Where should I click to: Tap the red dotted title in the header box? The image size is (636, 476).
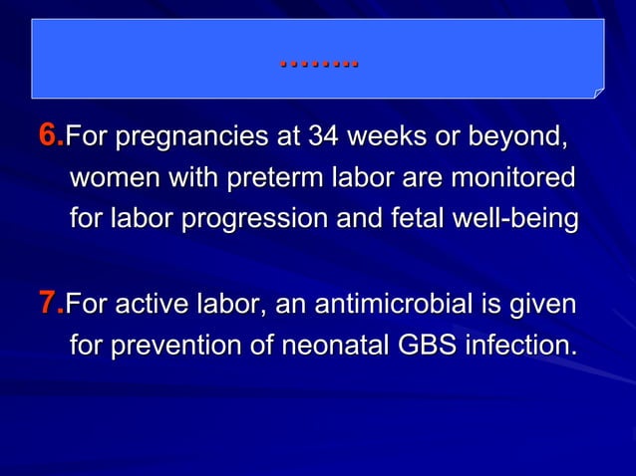[319, 63]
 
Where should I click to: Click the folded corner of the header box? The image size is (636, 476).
[598, 93]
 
